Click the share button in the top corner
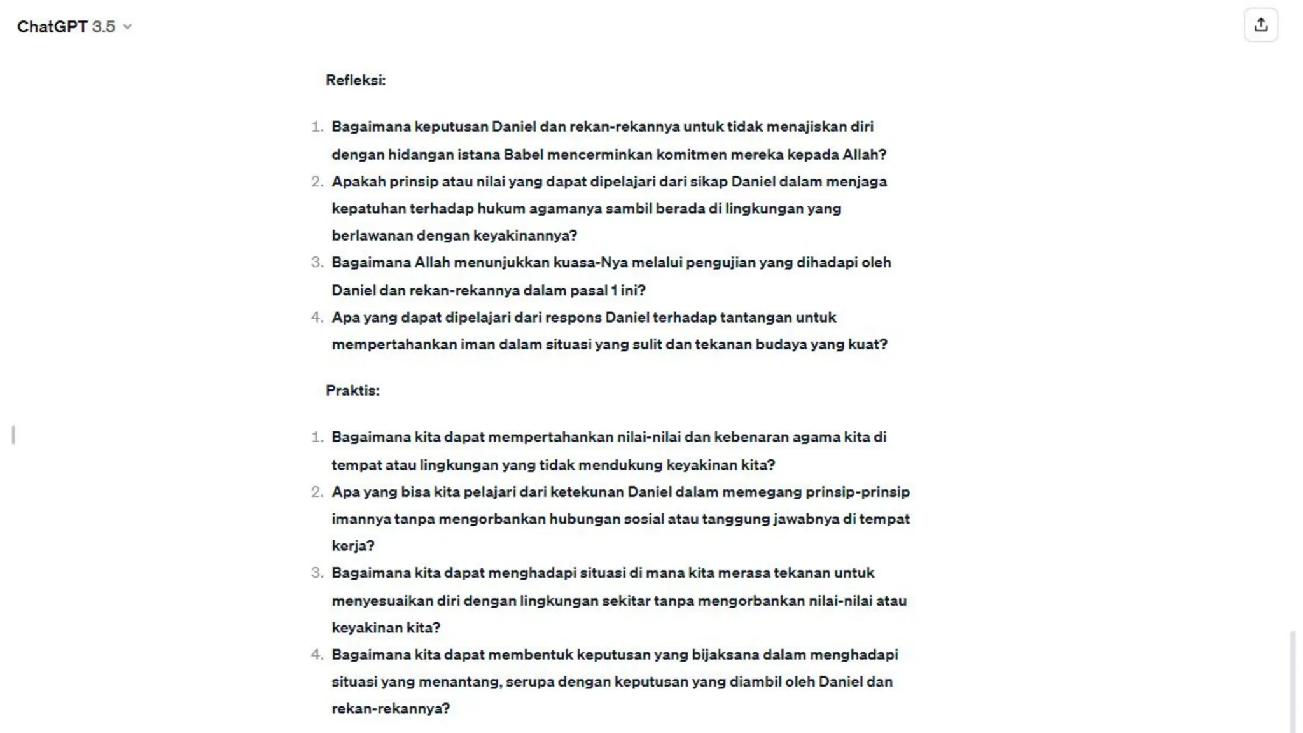pos(1260,25)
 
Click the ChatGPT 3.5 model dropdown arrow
pos(127,27)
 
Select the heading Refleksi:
pos(356,80)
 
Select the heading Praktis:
pos(352,391)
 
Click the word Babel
pos(523,155)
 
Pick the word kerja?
pos(353,546)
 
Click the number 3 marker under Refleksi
pos(317,263)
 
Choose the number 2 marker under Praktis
pos(317,492)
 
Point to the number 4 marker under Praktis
pos(317,655)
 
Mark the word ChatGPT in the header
pos(52,27)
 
